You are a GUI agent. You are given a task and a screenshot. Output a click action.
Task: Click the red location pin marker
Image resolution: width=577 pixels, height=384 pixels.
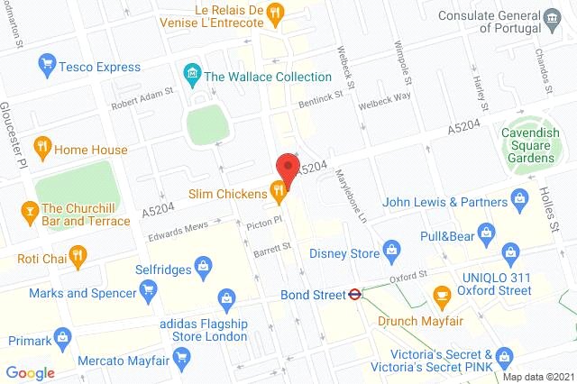click(287, 168)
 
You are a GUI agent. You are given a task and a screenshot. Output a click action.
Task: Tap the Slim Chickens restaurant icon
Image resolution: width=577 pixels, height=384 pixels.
click(279, 190)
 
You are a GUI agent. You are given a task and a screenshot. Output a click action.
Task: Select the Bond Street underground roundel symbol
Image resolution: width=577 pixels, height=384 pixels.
click(356, 293)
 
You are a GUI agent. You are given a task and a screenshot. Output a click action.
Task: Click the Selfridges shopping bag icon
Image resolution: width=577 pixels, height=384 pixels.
click(205, 266)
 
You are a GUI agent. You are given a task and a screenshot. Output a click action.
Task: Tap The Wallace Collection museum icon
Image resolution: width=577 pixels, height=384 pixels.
click(190, 73)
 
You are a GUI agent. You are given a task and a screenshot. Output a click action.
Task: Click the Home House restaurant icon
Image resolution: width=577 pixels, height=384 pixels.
click(41, 146)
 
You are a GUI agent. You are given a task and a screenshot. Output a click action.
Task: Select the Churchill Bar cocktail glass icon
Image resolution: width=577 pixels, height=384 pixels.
click(27, 213)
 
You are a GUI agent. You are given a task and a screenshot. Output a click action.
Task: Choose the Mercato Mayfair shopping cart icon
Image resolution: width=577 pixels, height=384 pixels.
click(180, 356)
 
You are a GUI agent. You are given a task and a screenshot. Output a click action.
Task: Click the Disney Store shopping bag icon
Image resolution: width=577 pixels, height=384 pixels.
click(391, 249)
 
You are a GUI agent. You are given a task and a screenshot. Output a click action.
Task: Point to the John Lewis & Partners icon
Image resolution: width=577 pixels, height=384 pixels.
click(519, 197)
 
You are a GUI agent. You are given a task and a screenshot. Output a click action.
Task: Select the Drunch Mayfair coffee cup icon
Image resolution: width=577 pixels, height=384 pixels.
click(441, 295)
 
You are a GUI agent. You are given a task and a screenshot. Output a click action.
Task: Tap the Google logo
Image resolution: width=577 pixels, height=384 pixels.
click(31, 372)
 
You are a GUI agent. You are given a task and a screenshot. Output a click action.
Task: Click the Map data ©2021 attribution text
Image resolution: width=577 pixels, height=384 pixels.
click(537, 376)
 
